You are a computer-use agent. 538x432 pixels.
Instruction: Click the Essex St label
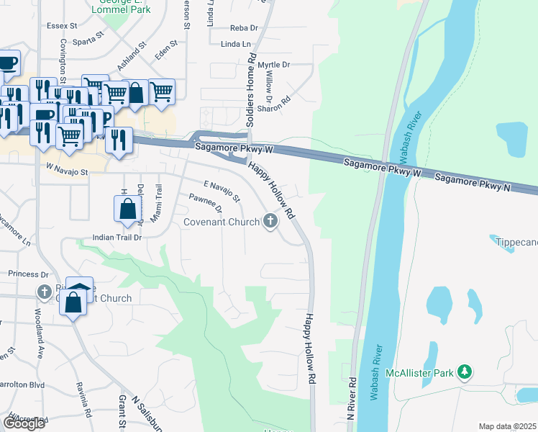point(63,25)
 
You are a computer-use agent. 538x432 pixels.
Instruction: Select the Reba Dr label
point(243,28)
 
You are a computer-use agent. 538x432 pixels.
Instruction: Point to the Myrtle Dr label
point(273,65)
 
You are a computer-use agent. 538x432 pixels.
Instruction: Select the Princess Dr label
point(28,274)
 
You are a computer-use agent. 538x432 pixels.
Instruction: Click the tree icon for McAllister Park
point(465,372)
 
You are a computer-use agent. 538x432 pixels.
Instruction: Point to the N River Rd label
point(352,399)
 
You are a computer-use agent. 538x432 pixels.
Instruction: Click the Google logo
point(24,423)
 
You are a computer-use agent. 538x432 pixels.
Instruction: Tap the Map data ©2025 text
point(507,426)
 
